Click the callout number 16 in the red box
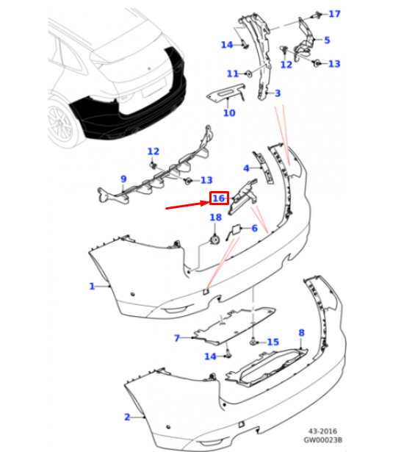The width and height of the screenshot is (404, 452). [x=219, y=198]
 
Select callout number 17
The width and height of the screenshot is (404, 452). [x=334, y=14]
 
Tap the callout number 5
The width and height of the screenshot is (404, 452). [x=327, y=40]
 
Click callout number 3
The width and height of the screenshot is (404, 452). [x=278, y=93]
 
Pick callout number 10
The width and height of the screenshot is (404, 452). [x=229, y=113]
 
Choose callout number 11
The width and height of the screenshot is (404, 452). [x=233, y=73]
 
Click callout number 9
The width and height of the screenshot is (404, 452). [x=123, y=179]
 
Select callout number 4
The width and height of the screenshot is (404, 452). [x=246, y=168]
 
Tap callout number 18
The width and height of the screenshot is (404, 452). [x=216, y=218]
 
